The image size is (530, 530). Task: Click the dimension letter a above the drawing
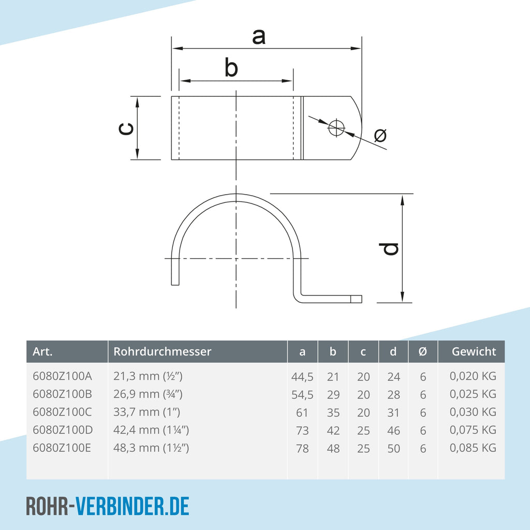click(x=259, y=37)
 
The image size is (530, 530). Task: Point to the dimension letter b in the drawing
click(x=231, y=67)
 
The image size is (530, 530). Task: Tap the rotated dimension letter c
click(x=126, y=128)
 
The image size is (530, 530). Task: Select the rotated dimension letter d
click(x=389, y=249)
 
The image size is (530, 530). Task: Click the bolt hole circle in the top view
click(x=336, y=127)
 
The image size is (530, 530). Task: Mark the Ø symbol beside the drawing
click(x=380, y=135)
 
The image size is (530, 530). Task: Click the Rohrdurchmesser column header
click(x=162, y=351)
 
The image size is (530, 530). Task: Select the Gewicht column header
click(x=474, y=351)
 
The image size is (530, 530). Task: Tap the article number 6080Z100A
click(x=62, y=376)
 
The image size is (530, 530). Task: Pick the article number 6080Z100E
click(x=62, y=448)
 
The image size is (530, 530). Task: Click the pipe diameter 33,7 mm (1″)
click(x=146, y=412)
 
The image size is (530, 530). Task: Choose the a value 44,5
click(x=302, y=377)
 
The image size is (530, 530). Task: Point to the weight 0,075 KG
click(x=473, y=430)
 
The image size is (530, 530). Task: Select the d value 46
click(x=394, y=431)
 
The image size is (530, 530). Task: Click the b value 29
click(x=333, y=395)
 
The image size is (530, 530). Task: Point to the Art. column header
click(x=42, y=351)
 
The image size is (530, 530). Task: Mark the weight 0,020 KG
click(x=473, y=376)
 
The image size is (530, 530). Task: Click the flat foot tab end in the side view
click(x=356, y=299)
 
